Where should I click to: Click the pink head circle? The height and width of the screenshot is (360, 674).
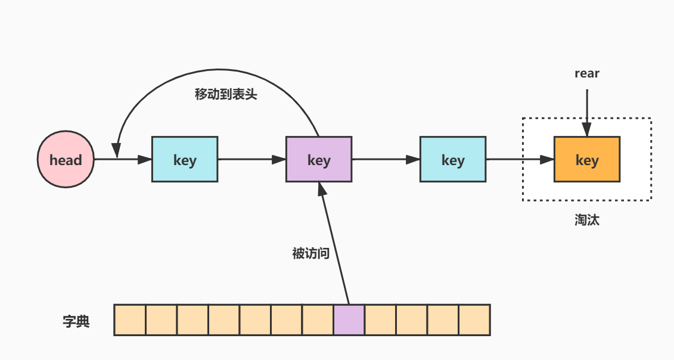pos(66,160)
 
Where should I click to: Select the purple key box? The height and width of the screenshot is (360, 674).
pos(319,160)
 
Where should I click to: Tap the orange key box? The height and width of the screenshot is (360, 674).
pos(587,160)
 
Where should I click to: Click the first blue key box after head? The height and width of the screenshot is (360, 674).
pos(185,160)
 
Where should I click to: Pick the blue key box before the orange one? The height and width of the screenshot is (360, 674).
pos(453,160)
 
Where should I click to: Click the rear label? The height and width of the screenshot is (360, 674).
pos(587,74)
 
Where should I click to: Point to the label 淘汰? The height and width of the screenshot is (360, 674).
pos(587,220)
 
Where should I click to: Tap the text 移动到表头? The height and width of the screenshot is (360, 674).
pos(226,94)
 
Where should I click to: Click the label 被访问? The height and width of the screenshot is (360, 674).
pos(310,253)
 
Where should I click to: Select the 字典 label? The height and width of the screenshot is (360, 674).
pos(76,321)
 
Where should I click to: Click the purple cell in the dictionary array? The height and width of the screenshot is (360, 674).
pos(349,320)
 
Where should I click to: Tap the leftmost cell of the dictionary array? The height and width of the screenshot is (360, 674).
pos(130,320)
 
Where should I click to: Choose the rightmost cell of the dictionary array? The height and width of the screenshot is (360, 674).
pos(474,320)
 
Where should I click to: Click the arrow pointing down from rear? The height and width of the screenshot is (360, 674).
pos(587,113)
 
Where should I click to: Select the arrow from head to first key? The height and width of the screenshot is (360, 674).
pos(125,160)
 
